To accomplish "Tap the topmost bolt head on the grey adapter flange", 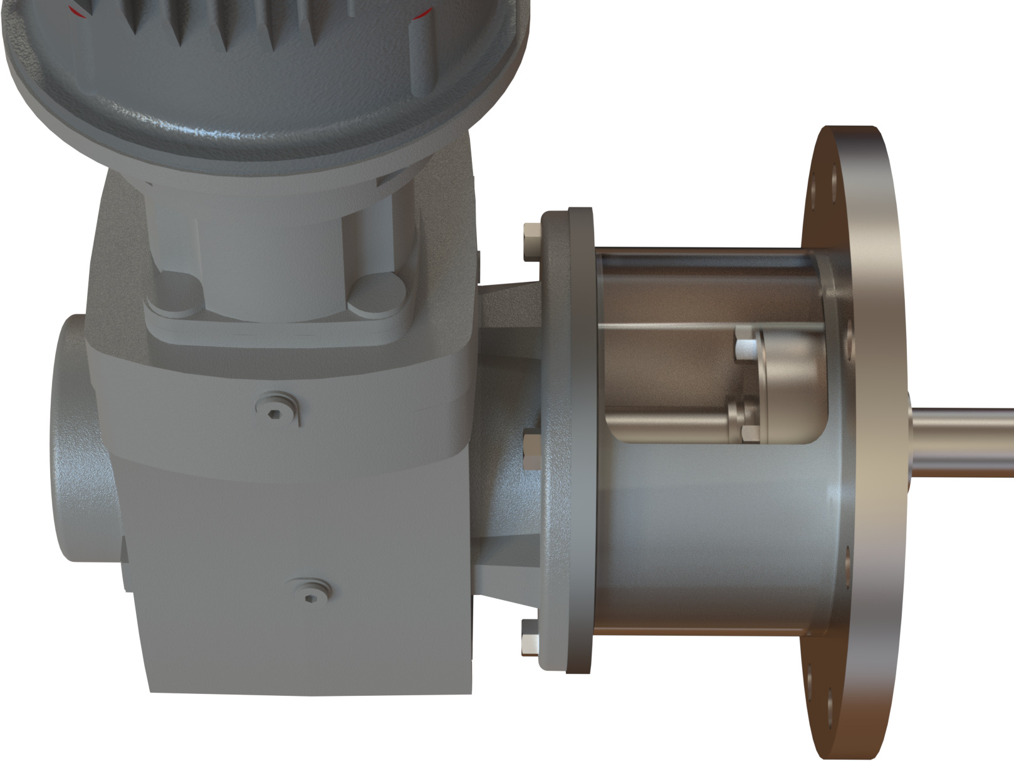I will (x=531, y=239).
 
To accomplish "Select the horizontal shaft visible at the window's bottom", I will (x=671, y=420).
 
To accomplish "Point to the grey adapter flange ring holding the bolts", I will (x=567, y=438).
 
